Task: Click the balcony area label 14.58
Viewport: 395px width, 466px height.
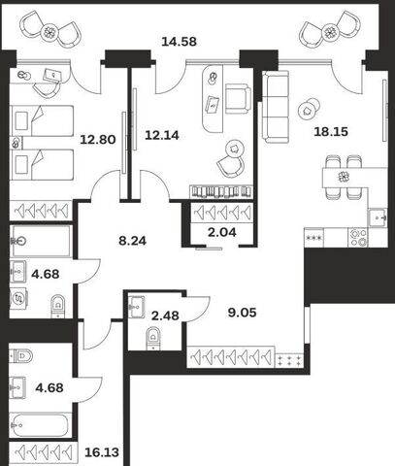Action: coord(179,42)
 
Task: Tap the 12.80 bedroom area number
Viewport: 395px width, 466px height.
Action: coord(98,140)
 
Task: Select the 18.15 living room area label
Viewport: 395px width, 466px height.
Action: coord(331,132)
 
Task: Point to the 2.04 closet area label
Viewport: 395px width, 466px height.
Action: coord(222,232)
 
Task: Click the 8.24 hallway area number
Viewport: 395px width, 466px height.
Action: coord(132,241)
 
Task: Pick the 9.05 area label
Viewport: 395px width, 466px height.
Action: coord(242,313)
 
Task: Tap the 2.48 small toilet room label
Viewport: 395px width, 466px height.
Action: coord(165,316)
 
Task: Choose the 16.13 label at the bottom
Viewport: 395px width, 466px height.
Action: coord(102,452)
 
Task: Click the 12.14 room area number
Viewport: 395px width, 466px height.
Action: coord(162,135)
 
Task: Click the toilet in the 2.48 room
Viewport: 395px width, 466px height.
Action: coord(153,339)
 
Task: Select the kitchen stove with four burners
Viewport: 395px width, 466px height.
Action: coord(359,238)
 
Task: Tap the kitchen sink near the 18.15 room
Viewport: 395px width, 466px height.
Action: coord(378,217)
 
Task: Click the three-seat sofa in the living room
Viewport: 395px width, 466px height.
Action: coord(276,107)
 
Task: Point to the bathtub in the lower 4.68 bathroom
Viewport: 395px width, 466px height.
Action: coord(40,425)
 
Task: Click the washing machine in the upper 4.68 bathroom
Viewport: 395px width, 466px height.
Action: coord(18,298)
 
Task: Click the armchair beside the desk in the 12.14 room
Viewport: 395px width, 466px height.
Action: coord(238,99)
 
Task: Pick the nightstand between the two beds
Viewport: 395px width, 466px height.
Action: coord(16,143)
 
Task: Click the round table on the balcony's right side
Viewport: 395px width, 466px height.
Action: coord(330,32)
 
